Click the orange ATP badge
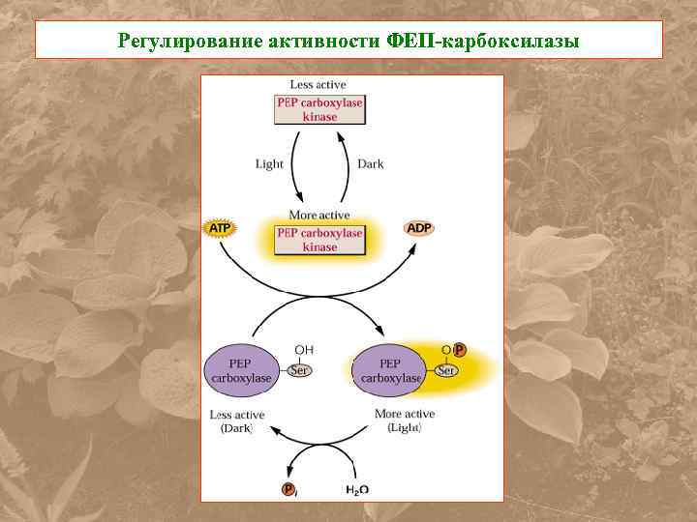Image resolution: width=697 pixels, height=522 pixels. pyautogui.click(x=220, y=228)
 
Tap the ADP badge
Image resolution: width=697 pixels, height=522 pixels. pyautogui.click(x=419, y=228)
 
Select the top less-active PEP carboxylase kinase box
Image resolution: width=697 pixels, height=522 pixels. pyautogui.click(x=319, y=109)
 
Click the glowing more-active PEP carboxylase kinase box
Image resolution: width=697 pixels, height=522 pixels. pyautogui.click(x=319, y=239)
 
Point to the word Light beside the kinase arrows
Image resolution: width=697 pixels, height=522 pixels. pyautogui.click(x=269, y=163)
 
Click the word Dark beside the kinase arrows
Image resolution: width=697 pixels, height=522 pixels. pyautogui.click(x=370, y=163)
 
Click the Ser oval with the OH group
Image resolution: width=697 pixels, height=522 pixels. pyautogui.click(x=301, y=370)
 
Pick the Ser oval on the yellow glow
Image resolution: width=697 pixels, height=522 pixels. pyautogui.click(x=446, y=370)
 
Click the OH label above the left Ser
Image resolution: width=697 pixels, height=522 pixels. pyautogui.click(x=303, y=349)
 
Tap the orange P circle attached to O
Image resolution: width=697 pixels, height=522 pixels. pyautogui.click(x=459, y=349)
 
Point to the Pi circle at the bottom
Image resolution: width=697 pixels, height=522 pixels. pyautogui.click(x=289, y=490)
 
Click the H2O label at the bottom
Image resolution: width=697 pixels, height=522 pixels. pyautogui.click(x=358, y=490)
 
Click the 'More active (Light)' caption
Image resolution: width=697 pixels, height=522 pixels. pyautogui.click(x=404, y=420)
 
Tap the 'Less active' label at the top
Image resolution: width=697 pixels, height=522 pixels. pyautogui.click(x=318, y=85)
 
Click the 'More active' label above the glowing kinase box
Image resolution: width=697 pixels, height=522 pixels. pyautogui.click(x=319, y=215)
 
